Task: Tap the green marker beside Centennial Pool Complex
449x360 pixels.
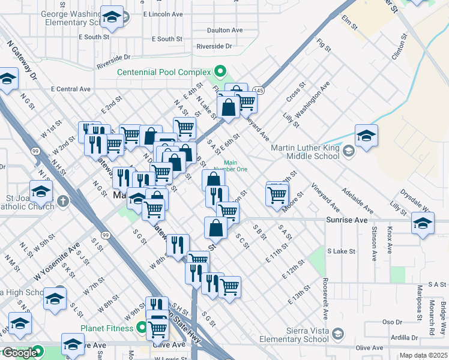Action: (x=220, y=72)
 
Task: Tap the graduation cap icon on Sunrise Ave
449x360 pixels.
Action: (x=423, y=224)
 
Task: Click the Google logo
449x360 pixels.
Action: (x=20, y=353)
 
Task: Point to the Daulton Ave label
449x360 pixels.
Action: (x=224, y=30)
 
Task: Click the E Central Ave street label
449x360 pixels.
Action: (x=71, y=89)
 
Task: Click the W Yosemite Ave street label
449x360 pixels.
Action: (x=57, y=263)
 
